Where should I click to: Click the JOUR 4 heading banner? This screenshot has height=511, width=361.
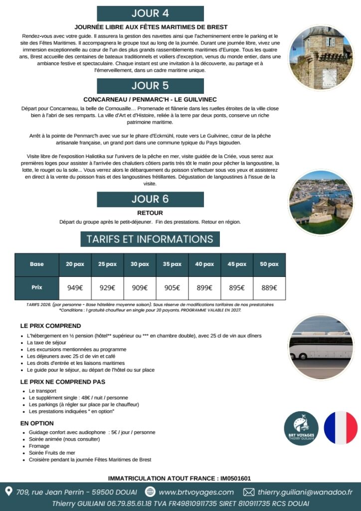click(x=150, y=13)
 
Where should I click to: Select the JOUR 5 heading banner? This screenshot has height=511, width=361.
click(x=150, y=85)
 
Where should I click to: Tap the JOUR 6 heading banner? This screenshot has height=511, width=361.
click(x=150, y=199)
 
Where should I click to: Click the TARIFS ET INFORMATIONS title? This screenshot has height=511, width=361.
click(x=150, y=239)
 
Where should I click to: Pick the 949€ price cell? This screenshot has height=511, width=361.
click(x=75, y=287)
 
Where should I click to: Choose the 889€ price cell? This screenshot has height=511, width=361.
click(x=269, y=287)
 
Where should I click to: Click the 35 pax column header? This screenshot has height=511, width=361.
click(x=172, y=264)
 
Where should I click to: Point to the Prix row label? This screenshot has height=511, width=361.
click(x=37, y=287)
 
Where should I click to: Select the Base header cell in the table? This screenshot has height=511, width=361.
click(x=37, y=264)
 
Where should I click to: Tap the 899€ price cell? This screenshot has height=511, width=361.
click(x=204, y=287)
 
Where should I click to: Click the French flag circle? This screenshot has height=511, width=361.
click(x=341, y=428)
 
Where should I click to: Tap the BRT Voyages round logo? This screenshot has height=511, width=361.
click(x=301, y=428)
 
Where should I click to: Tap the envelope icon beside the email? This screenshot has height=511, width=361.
click(x=248, y=492)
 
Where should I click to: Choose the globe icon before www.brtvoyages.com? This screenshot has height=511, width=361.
click(x=150, y=492)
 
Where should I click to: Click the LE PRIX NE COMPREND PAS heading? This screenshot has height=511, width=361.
click(x=63, y=382)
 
